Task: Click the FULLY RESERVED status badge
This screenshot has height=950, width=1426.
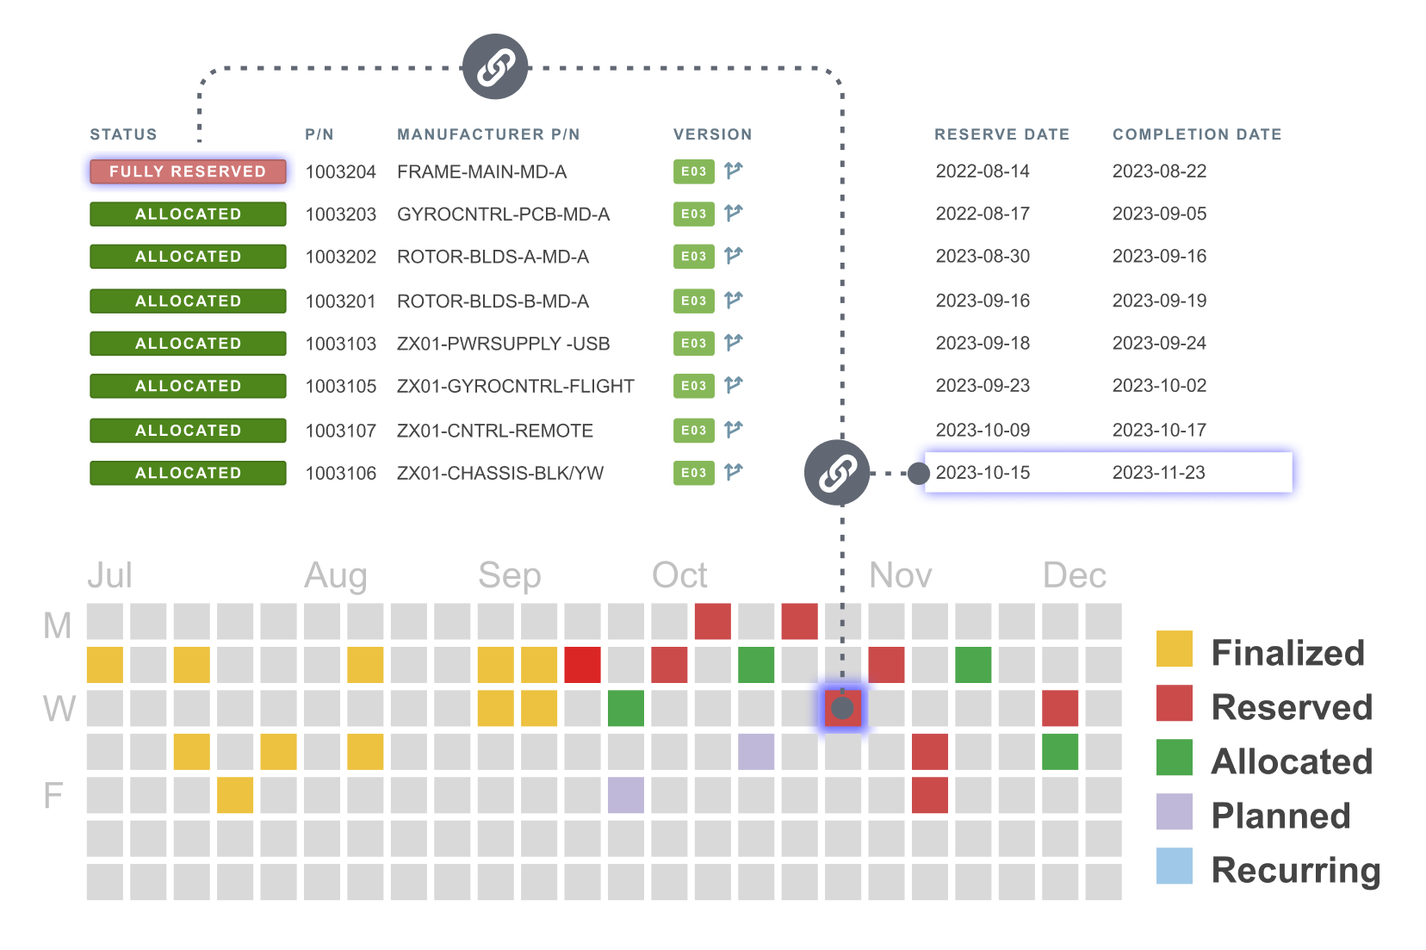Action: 188,171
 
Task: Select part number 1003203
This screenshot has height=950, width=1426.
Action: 341,214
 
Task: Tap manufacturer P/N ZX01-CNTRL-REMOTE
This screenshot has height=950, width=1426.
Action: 494,431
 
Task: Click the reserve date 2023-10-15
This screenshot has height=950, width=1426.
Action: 983,473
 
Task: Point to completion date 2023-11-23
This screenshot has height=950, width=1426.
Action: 1159,473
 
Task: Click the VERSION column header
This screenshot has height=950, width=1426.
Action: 713,134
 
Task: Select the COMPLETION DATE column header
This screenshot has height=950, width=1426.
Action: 1197,134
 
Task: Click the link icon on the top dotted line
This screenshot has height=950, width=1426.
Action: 495,67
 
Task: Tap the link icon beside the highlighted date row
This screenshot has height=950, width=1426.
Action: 837,473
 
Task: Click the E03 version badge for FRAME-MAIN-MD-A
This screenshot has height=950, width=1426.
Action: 694,171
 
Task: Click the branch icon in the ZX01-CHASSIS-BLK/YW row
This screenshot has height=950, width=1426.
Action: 734,472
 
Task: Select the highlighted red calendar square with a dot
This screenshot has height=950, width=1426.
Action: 843,708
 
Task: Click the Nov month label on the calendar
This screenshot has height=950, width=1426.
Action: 900,575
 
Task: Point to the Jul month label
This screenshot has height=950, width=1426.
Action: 109,575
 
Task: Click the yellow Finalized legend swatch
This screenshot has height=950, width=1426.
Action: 1174,649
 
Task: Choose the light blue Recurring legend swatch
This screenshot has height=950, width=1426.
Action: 1174,866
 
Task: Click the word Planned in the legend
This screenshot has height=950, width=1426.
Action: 1280,816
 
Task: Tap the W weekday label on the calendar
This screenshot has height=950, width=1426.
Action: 59,708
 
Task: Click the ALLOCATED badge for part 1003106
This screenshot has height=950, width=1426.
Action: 188,473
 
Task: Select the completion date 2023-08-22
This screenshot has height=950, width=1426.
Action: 1159,171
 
